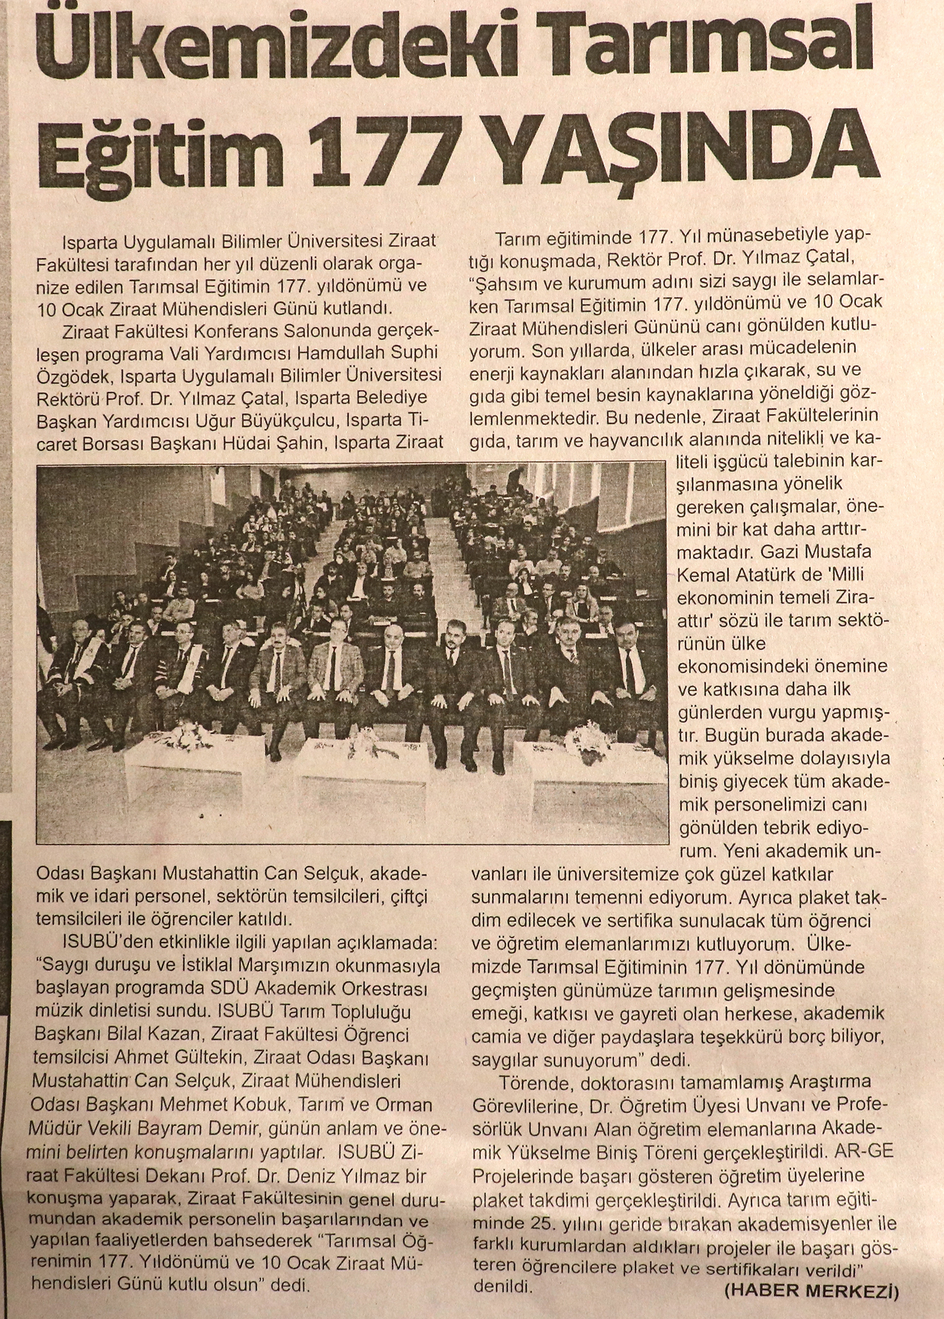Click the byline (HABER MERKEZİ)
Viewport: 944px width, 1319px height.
pyautogui.click(x=811, y=1291)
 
